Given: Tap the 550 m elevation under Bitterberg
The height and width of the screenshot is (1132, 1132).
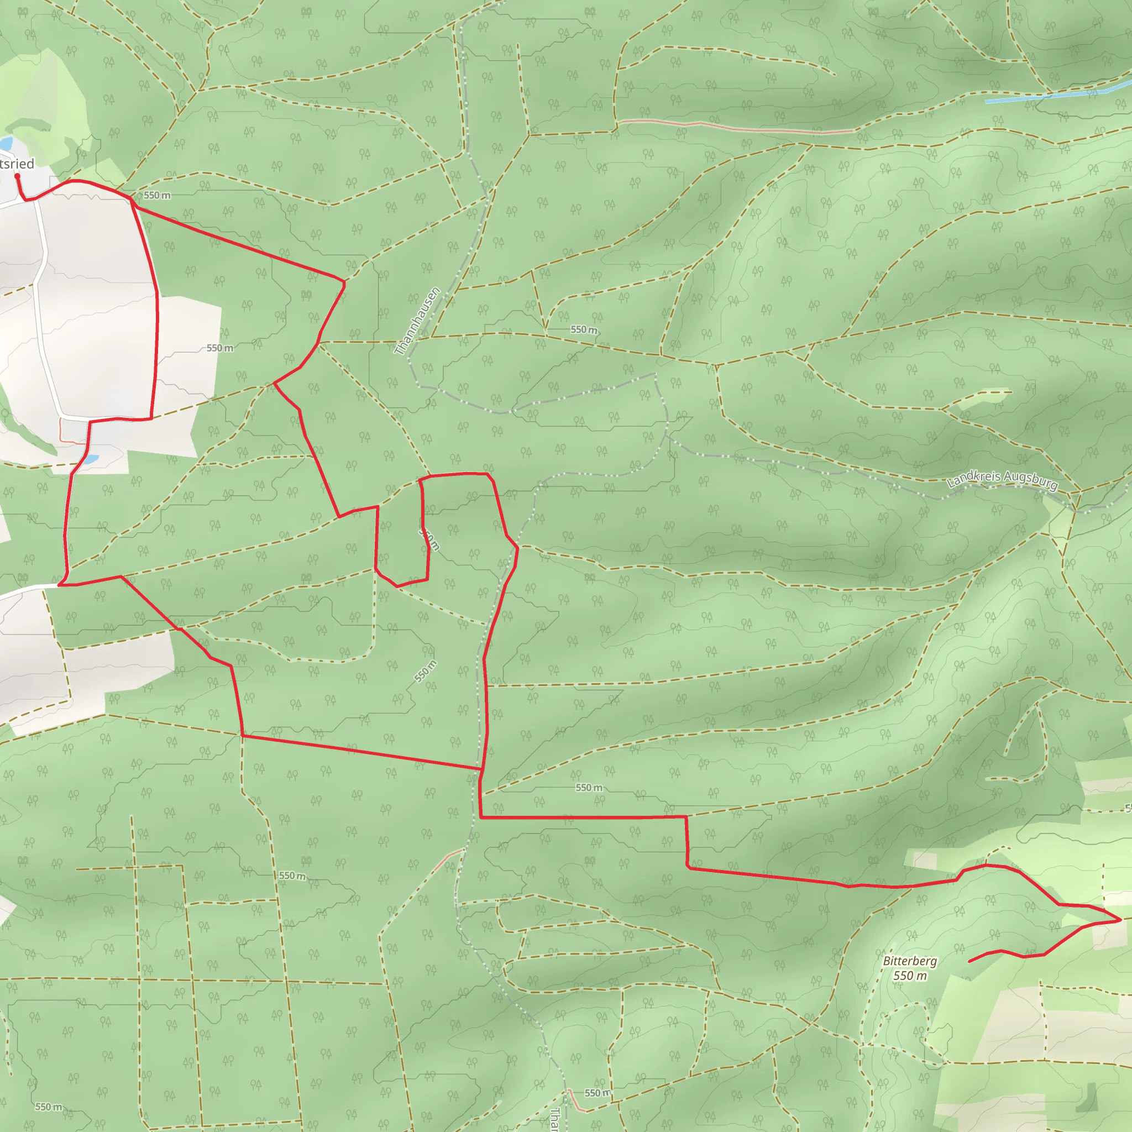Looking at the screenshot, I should coord(910,976).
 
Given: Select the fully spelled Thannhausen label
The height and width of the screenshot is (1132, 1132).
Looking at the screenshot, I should coord(417,321).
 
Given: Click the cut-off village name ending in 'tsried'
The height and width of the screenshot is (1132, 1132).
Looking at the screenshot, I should coord(17,164).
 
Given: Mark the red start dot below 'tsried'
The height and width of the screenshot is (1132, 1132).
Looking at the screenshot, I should coord(17,175).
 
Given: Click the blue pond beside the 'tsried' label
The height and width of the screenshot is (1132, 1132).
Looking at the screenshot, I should coord(6,144).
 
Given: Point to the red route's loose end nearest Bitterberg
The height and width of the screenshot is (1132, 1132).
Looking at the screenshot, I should coord(969,962).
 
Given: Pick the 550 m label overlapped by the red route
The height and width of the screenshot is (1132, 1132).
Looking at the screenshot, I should coord(429,539).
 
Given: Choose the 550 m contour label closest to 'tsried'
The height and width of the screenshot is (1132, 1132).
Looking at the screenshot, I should coord(157,195).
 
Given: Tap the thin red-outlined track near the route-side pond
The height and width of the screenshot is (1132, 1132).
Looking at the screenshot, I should coord(61,431).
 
